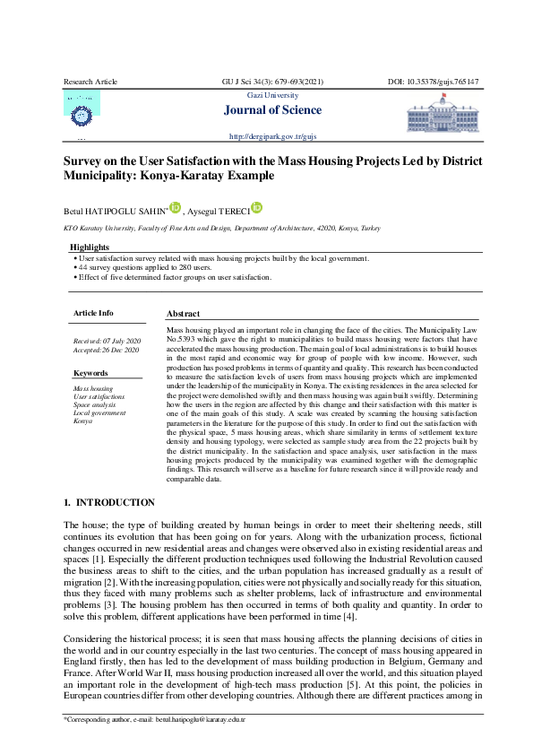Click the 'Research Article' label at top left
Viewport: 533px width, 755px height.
point(90,82)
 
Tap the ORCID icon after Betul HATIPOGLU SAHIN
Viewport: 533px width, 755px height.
point(176,207)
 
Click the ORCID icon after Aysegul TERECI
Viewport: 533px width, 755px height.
point(257,207)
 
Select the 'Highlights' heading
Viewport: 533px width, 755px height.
point(90,247)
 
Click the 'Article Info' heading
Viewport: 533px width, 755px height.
point(93,313)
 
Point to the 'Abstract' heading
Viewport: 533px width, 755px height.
point(183,314)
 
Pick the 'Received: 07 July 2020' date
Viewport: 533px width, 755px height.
point(107,342)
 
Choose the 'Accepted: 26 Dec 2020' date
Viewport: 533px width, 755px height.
point(107,350)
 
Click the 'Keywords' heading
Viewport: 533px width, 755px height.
point(90,372)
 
